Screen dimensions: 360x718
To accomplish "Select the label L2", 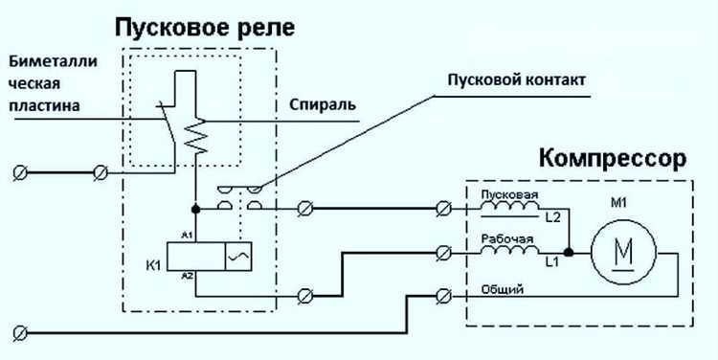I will click(x=552, y=219).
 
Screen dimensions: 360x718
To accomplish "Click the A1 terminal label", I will click(x=188, y=234).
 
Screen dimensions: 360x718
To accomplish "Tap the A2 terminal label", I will click(x=188, y=277).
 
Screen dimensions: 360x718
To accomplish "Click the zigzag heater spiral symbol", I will click(x=196, y=136).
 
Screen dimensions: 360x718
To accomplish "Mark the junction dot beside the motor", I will click(x=568, y=253).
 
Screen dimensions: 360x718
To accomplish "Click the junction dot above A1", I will click(x=194, y=207).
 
